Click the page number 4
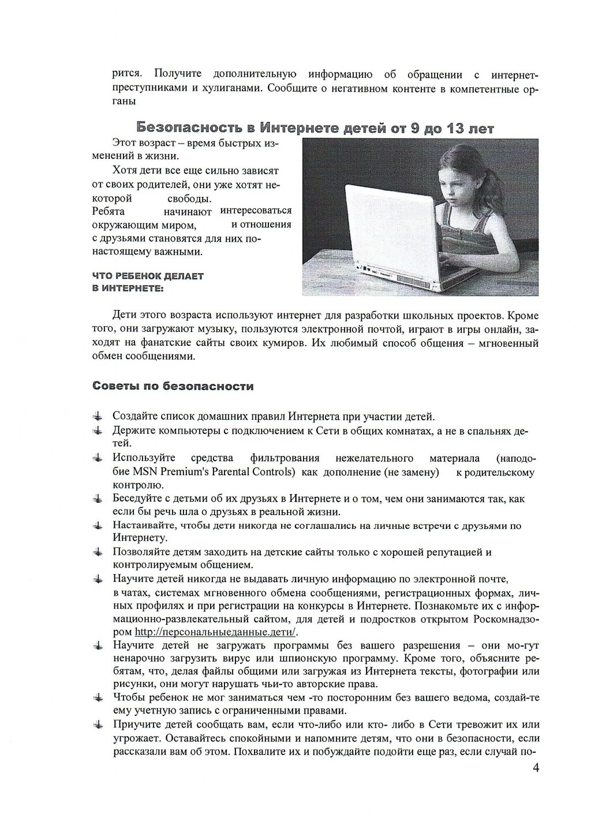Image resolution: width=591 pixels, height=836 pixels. [x=536, y=768]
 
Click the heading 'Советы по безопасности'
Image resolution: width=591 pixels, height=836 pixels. [x=173, y=386]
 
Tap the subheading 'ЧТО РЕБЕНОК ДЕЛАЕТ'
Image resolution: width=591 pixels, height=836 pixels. [x=148, y=276]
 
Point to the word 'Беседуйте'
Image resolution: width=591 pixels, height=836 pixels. [x=137, y=498]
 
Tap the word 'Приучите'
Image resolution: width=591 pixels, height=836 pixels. [x=133, y=725]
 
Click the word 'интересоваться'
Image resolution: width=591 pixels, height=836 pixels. [x=256, y=210]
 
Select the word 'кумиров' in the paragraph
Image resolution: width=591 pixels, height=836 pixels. [x=289, y=343]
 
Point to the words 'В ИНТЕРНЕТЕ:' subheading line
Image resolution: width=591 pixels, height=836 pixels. [x=128, y=288]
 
